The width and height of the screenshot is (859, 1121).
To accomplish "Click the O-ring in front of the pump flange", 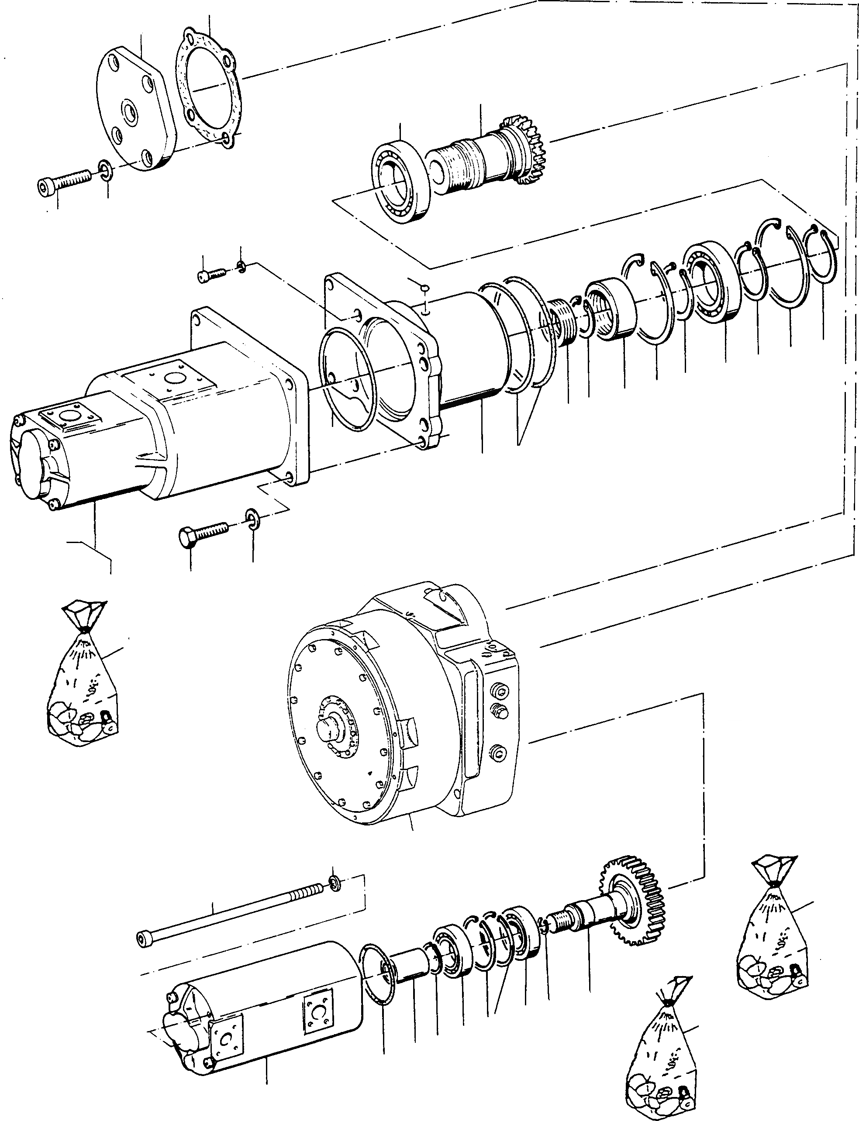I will [x=348, y=378].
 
